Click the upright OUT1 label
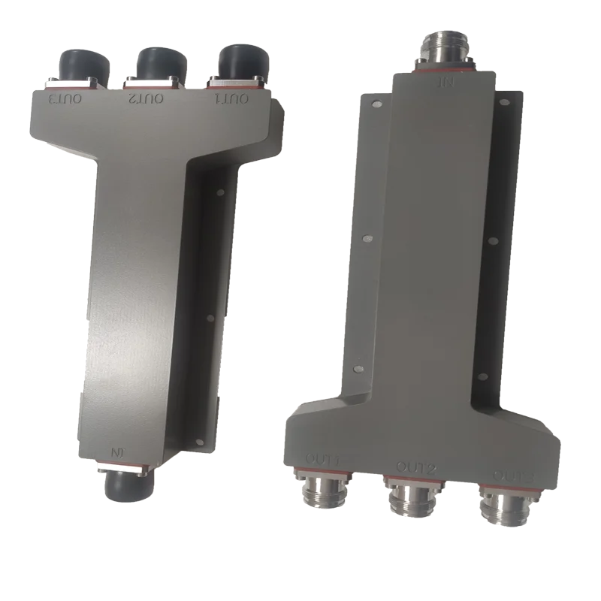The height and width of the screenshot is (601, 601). (323, 457)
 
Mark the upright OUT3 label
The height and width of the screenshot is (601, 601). (514, 475)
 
